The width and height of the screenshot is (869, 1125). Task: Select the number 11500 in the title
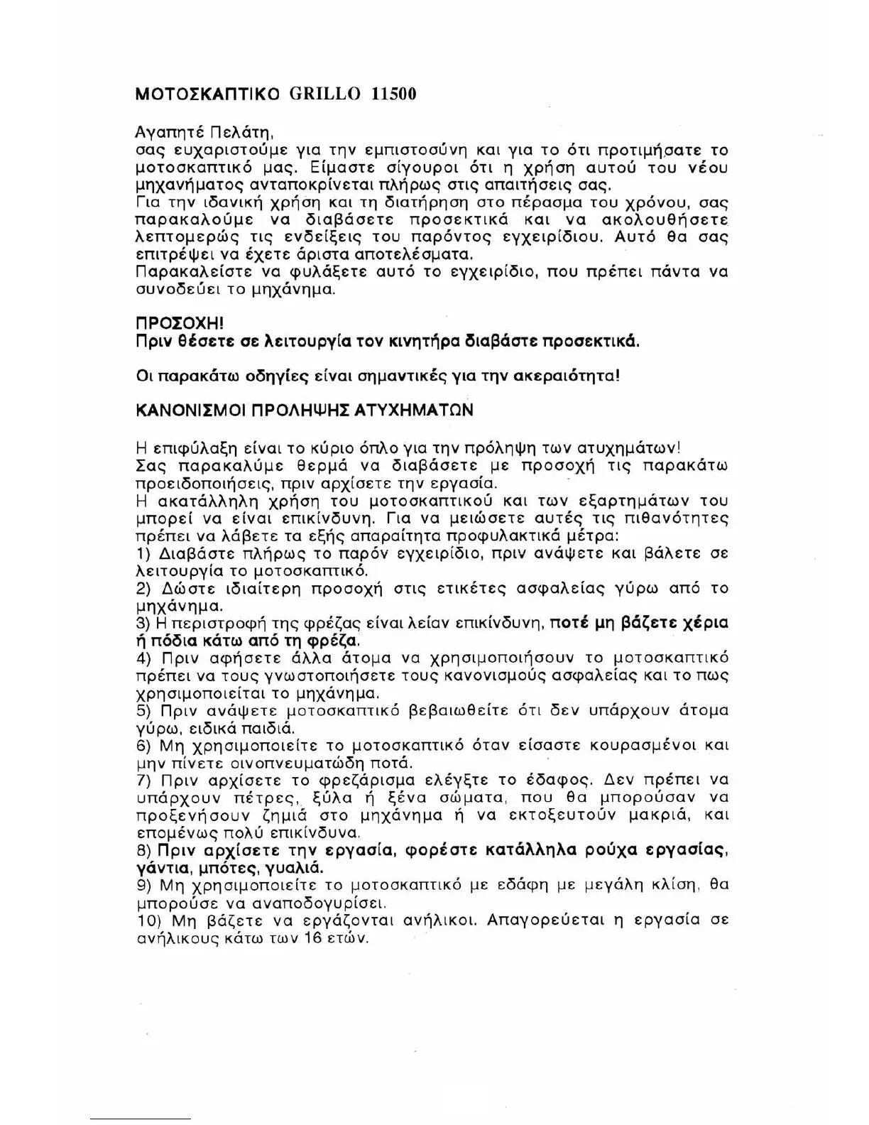(393, 94)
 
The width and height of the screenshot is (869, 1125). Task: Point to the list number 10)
(149, 920)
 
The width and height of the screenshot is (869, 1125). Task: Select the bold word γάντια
(163, 868)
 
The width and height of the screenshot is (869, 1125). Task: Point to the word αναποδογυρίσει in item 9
(325, 903)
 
